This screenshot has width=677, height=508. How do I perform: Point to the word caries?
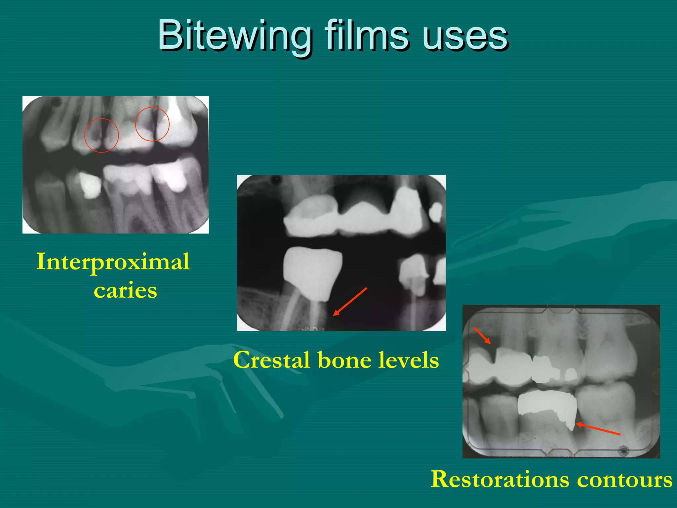click(125, 290)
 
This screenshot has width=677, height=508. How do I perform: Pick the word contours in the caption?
click(625, 480)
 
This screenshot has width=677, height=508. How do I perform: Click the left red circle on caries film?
click(101, 135)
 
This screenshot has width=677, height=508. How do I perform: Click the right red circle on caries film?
click(152, 124)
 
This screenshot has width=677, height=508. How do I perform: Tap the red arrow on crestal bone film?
click(350, 302)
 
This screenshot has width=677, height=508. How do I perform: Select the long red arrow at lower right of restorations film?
click(598, 429)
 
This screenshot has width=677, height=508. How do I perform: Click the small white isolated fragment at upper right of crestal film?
click(436, 212)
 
